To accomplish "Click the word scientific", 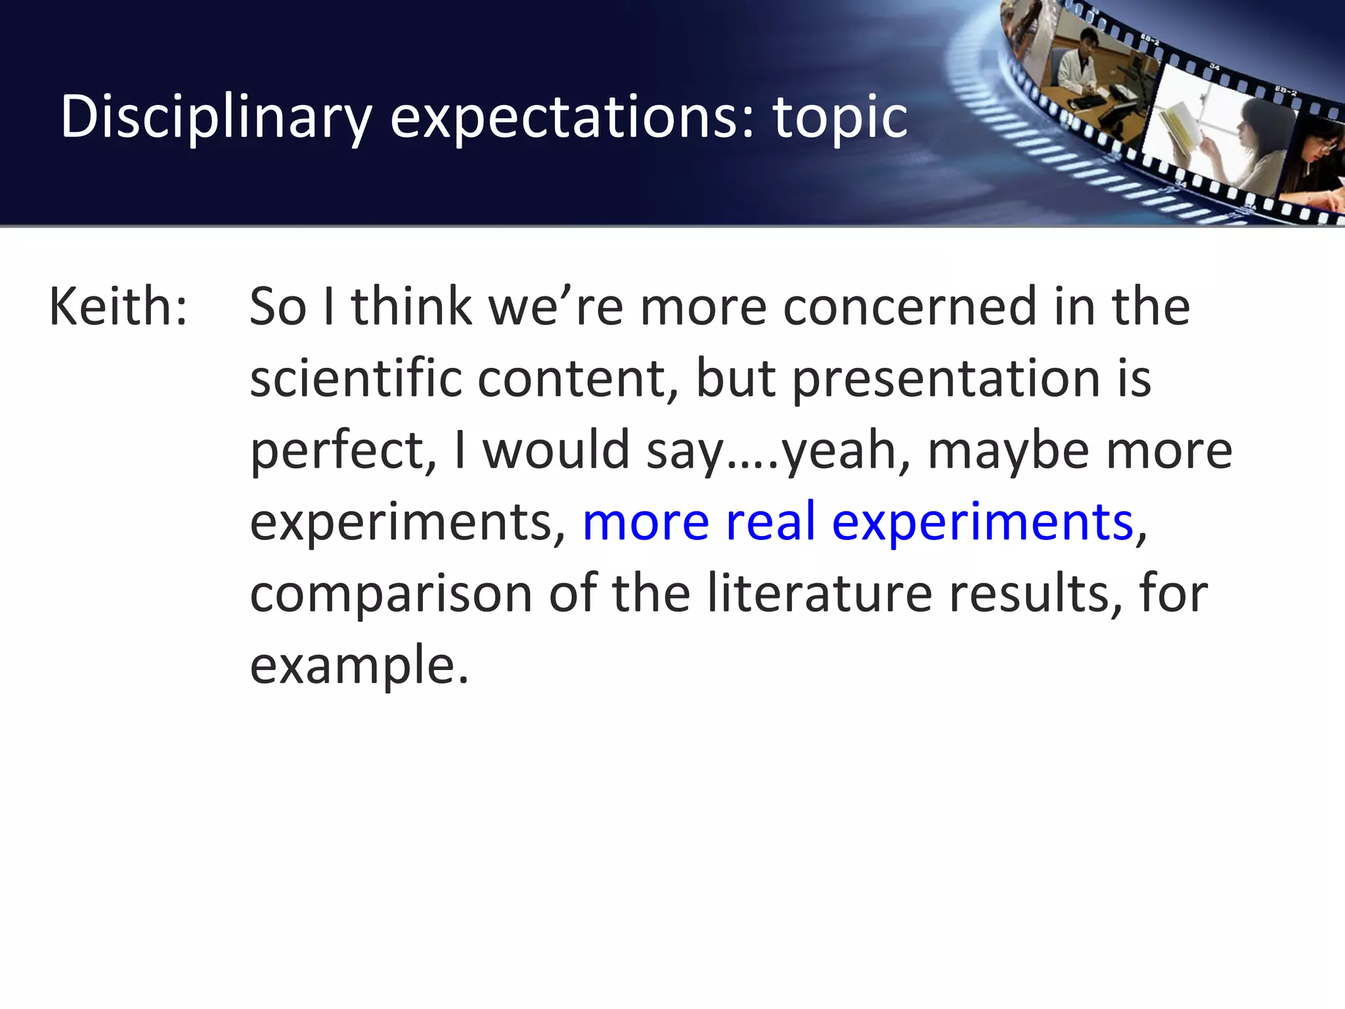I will point(355,379).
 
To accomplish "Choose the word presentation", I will point(946,379).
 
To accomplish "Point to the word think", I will point(412,307).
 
